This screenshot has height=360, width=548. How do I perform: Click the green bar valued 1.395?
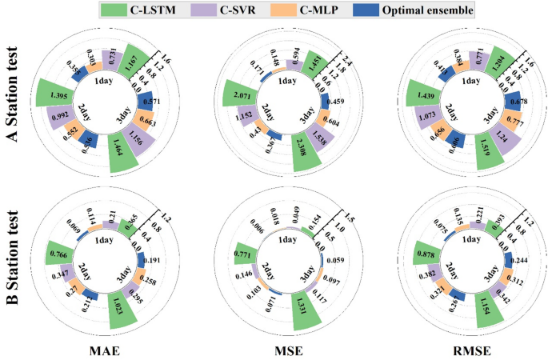pos(57,94)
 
